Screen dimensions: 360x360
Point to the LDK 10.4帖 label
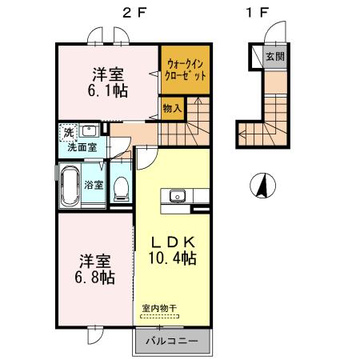point(174,250)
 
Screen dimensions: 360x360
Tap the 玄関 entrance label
point(275,57)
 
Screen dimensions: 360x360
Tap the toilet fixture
point(122,186)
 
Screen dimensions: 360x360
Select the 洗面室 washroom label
point(82,147)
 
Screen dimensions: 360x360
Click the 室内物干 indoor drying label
point(159,309)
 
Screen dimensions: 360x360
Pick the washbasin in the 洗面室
point(90,130)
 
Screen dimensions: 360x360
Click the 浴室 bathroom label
point(94,185)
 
